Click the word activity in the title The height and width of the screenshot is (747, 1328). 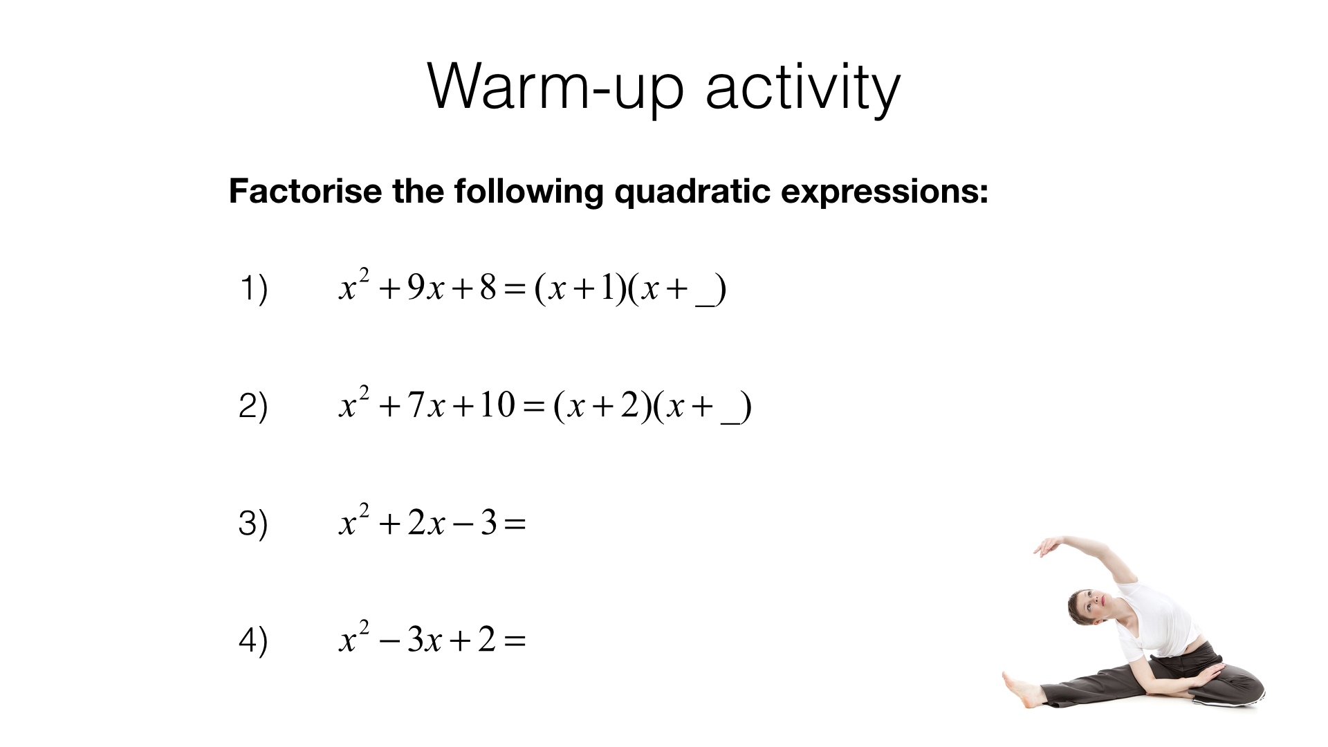click(x=802, y=89)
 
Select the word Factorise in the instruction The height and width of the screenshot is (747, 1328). click(x=305, y=191)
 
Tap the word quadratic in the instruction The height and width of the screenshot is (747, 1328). click(x=692, y=192)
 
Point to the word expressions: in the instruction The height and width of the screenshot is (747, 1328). click(x=885, y=192)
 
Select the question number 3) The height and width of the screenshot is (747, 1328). click(x=253, y=523)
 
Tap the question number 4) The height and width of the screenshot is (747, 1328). click(x=253, y=640)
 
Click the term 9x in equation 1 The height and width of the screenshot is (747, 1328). click(x=425, y=288)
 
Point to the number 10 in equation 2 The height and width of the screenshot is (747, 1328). click(x=497, y=405)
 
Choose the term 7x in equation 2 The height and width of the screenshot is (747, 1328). click(x=425, y=405)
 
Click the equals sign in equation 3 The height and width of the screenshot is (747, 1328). click(x=515, y=524)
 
